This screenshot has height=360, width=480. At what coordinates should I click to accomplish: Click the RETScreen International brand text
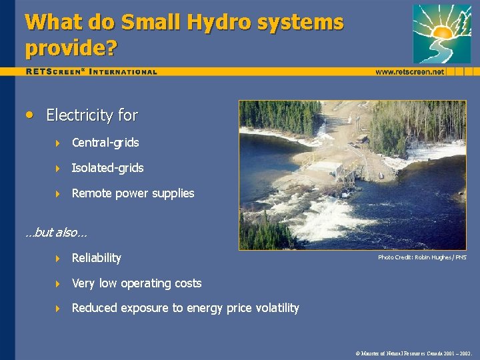tap(91, 71)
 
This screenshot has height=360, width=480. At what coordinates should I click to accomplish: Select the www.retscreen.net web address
tap(409, 71)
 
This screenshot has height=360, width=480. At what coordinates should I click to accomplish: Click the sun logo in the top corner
tap(441, 33)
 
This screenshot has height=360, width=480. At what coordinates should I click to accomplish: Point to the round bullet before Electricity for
tap(29, 114)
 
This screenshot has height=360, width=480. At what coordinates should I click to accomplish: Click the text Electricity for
tap(92, 115)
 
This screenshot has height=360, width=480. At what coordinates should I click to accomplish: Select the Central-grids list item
tap(105, 143)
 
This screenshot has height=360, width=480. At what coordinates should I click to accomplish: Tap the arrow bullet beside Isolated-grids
tap(57, 168)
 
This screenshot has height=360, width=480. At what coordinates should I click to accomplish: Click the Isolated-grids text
tap(107, 168)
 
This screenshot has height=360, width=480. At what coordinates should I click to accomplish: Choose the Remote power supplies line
tap(133, 193)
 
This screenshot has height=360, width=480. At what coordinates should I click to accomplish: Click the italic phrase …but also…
tap(56, 233)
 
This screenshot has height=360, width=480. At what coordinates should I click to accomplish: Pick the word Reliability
tap(96, 258)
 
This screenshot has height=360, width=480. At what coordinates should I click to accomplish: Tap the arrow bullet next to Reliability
tap(57, 258)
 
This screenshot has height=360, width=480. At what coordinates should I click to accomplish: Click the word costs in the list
tap(187, 283)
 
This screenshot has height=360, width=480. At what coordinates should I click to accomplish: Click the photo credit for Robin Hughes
tap(422, 257)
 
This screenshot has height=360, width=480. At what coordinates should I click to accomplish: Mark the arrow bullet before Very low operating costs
tap(57, 283)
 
